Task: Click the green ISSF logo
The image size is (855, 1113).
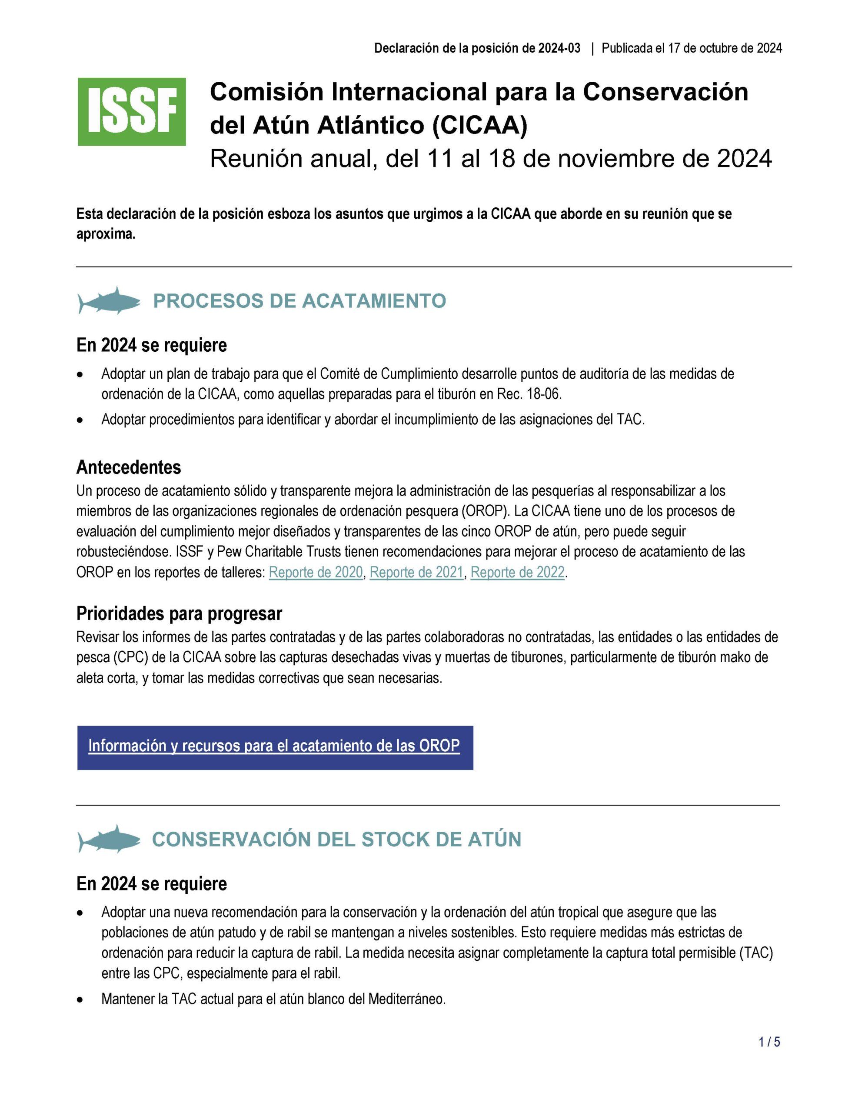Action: pyautogui.click(x=131, y=112)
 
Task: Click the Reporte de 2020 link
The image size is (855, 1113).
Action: pyautogui.click(x=316, y=573)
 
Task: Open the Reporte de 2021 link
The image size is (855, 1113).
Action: pyautogui.click(x=416, y=573)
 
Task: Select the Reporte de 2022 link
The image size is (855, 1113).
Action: pyautogui.click(x=518, y=573)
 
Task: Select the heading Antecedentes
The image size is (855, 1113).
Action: pyautogui.click(x=129, y=467)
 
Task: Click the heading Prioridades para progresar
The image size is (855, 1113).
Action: pyautogui.click(x=179, y=614)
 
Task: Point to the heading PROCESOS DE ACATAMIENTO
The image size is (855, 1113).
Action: pyautogui.click(x=299, y=301)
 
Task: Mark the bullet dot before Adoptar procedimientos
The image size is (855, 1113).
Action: pyautogui.click(x=80, y=420)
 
